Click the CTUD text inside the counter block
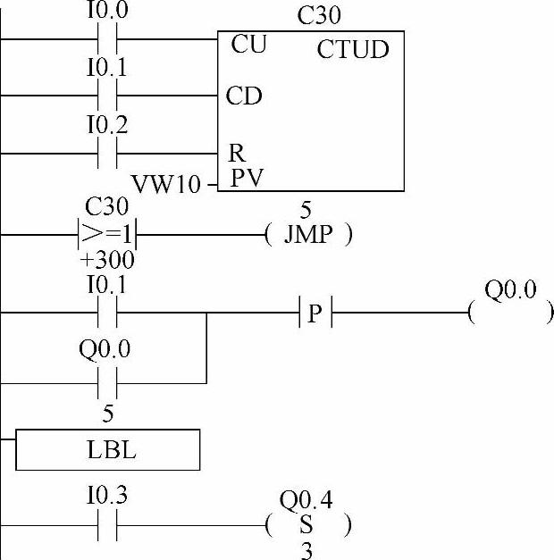click(353, 49)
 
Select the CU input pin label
click(248, 44)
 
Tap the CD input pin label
click(244, 96)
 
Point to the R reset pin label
click(238, 154)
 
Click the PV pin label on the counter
click(246, 178)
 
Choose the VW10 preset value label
click(167, 185)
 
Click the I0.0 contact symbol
click(106, 39)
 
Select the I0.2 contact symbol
click(106, 154)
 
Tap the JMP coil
click(308, 236)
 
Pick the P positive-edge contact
click(314, 313)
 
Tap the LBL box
click(107, 450)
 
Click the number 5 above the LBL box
click(107, 414)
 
